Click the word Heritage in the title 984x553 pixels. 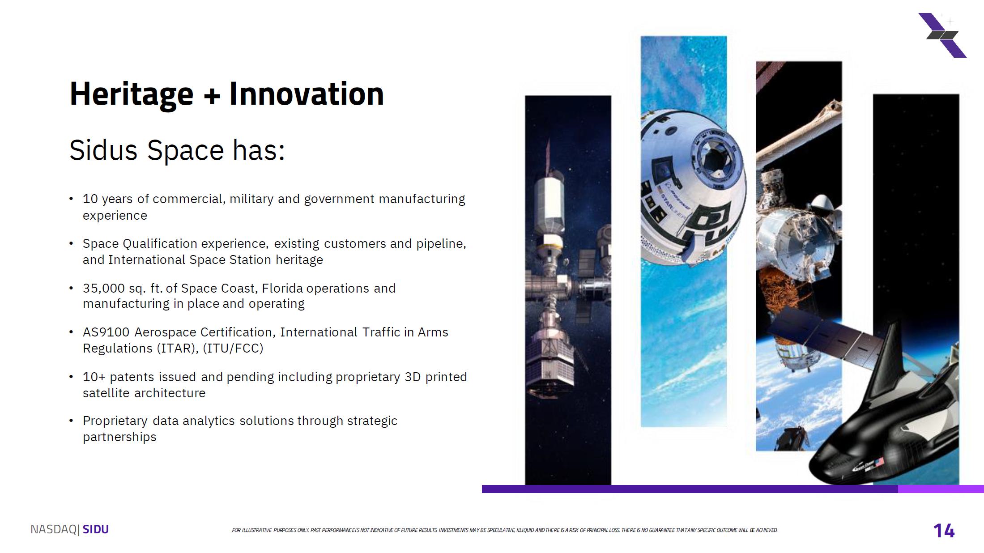tap(132, 94)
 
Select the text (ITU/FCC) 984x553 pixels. tap(233, 349)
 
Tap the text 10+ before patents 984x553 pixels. tap(94, 377)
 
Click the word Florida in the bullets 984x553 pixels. tap(282, 289)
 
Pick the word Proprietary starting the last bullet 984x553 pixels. tap(115, 421)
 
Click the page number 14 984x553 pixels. tap(944, 531)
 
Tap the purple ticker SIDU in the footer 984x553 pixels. tap(96, 530)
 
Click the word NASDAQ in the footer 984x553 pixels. tap(54, 530)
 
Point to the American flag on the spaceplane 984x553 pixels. tap(879, 462)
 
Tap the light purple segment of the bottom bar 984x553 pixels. tap(941, 489)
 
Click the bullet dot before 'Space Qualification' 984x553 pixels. tap(71, 244)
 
